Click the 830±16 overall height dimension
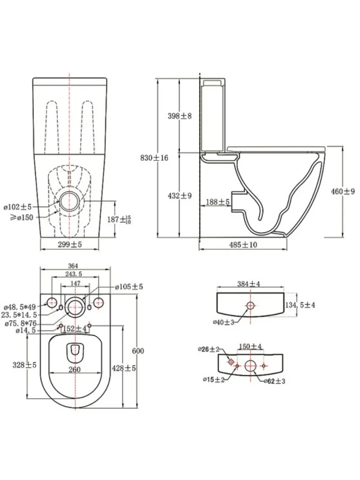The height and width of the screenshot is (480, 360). tap(154, 158)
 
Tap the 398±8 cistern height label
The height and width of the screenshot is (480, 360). tap(180, 116)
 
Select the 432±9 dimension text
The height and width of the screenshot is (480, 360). tap(180, 195)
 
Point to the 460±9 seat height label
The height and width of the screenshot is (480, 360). tap(343, 192)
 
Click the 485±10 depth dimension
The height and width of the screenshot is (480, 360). tap(243, 244)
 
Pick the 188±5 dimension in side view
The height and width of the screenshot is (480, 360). tap(218, 202)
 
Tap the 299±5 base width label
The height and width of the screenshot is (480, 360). tap(70, 244)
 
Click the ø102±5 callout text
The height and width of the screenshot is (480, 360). tap(18, 207)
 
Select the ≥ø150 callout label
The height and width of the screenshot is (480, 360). tap(19, 218)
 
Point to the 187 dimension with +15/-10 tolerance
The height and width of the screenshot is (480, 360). tap(119, 220)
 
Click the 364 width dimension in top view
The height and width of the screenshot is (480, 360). tap(74, 266)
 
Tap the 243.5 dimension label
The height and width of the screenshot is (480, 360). tap(74, 274)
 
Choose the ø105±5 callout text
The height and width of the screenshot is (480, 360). tap(129, 287)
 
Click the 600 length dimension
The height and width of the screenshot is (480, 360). tap(137, 351)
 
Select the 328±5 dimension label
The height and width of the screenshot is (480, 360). tap(24, 365)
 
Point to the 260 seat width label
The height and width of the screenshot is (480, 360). tap(74, 370)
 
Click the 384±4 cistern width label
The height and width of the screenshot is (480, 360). tap(249, 284)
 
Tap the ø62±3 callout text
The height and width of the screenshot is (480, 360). tap(274, 381)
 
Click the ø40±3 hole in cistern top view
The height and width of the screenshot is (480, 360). tap(251, 305)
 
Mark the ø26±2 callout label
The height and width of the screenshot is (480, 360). tap(209, 349)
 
